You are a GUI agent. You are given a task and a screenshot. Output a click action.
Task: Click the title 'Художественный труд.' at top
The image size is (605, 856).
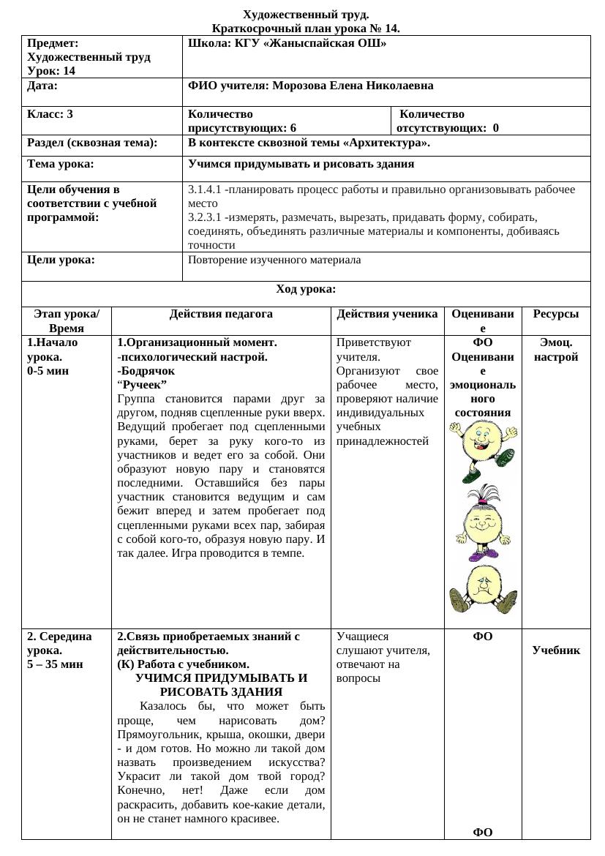[x=306, y=15]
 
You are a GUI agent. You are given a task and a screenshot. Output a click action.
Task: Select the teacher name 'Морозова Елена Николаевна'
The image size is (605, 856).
[x=353, y=86]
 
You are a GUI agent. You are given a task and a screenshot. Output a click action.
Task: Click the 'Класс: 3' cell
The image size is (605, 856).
[x=50, y=114]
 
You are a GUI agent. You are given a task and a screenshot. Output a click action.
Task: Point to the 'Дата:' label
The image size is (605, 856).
[x=42, y=86]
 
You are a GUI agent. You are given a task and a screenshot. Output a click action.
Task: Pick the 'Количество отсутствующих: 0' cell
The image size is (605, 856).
[x=448, y=121]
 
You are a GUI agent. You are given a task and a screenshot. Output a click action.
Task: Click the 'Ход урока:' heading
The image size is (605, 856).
[x=306, y=289]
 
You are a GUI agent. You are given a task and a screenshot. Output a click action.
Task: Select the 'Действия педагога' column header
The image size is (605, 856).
[x=221, y=314]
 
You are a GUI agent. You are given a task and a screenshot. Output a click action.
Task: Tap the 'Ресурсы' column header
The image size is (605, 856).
[x=555, y=314]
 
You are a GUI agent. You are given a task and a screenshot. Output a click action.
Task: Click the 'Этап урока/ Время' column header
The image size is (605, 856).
[x=67, y=321]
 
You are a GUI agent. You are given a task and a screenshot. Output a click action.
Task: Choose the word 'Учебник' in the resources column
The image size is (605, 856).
[x=556, y=650]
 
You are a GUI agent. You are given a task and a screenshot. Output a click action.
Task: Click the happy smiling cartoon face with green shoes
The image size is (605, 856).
[x=483, y=448]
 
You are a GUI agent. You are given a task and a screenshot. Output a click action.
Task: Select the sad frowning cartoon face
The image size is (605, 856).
[x=482, y=589]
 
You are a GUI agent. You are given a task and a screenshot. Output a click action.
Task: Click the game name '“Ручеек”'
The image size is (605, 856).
[x=142, y=385]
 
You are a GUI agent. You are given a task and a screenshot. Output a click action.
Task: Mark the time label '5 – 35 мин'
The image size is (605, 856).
[x=55, y=664]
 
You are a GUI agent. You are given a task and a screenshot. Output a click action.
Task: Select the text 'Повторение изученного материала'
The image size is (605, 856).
[x=274, y=260]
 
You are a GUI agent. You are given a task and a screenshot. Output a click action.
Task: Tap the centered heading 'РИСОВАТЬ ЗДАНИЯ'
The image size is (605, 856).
[x=221, y=691]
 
